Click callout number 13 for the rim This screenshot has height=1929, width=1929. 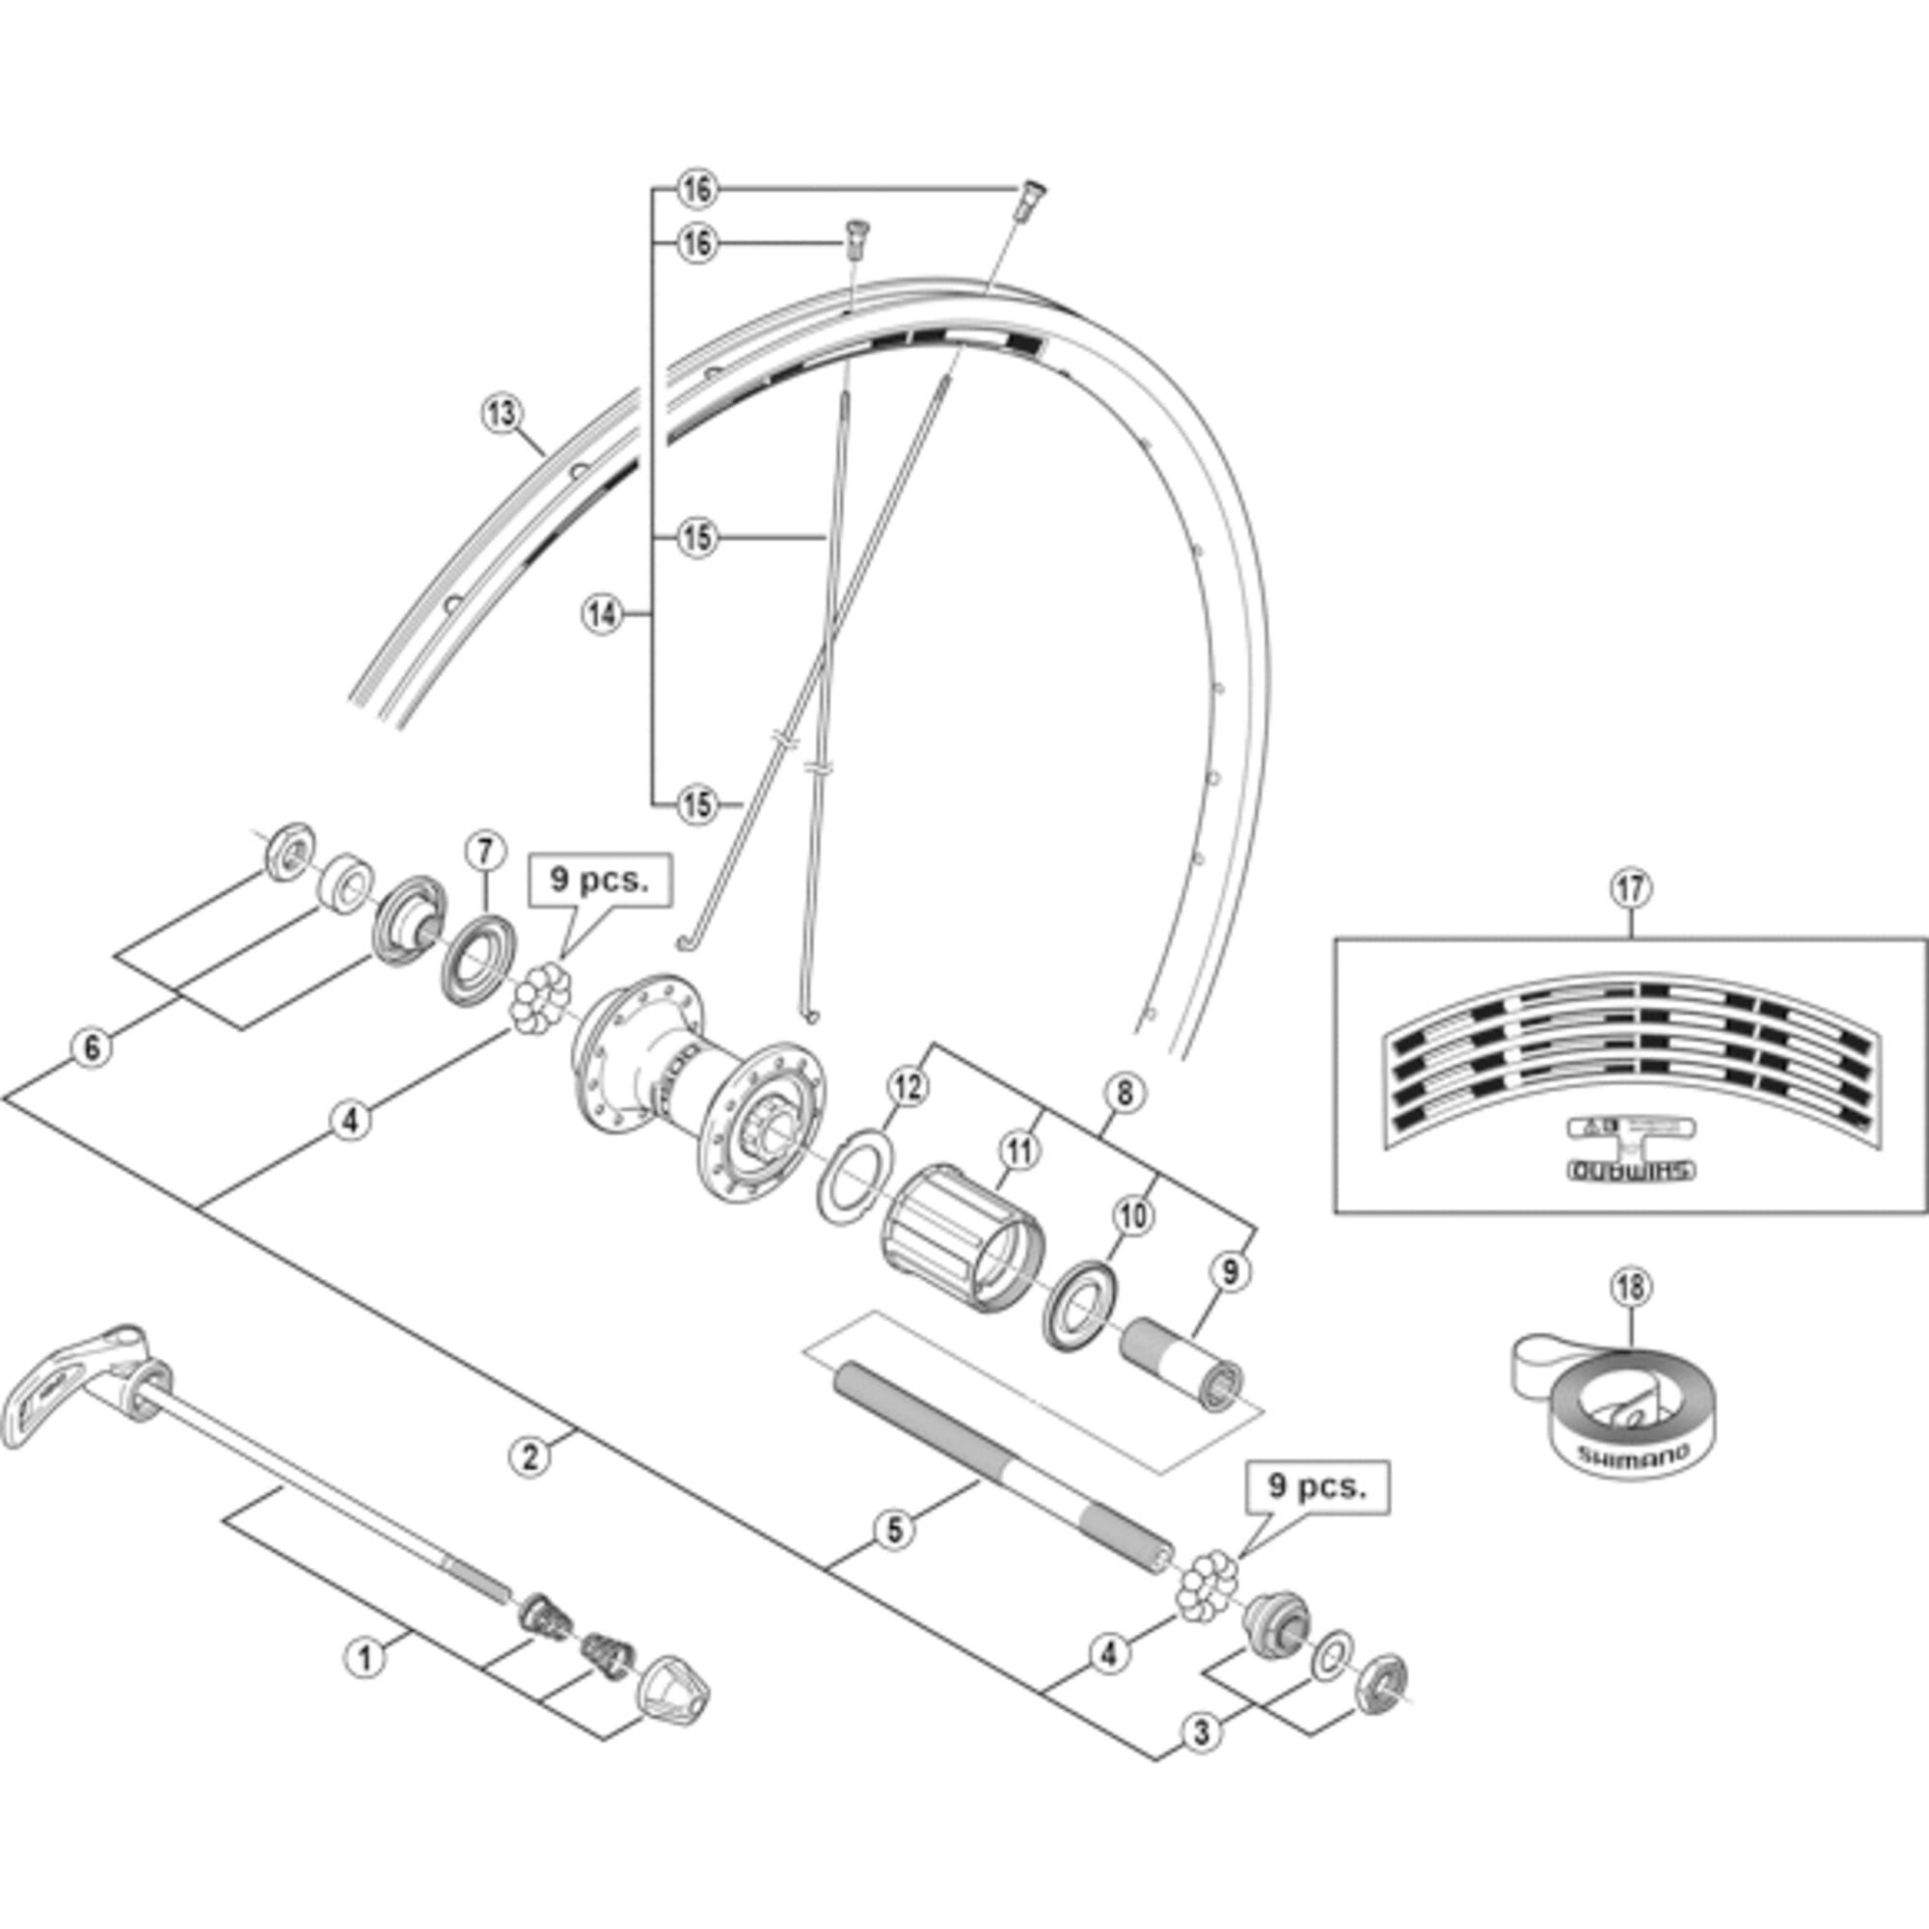pos(502,413)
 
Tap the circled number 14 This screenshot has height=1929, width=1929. pos(602,614)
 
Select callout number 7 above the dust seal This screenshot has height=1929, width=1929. pos(484,852)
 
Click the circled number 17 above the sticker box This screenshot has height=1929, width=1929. pos(1630,888)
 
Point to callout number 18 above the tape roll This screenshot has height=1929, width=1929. pos(1630,1288)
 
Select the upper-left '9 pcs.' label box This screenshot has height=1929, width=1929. pos(599,880)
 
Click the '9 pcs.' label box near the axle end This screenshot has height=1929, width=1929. pos(1317,1486)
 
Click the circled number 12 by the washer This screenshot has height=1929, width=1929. pos(907,1088)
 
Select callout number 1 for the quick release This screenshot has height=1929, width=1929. pos(365,1658)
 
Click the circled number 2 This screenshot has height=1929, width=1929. pos(530,1454)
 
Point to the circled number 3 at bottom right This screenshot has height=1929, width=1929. pos(1201,1731)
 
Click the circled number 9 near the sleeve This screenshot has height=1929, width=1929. pos(1229,1271)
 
